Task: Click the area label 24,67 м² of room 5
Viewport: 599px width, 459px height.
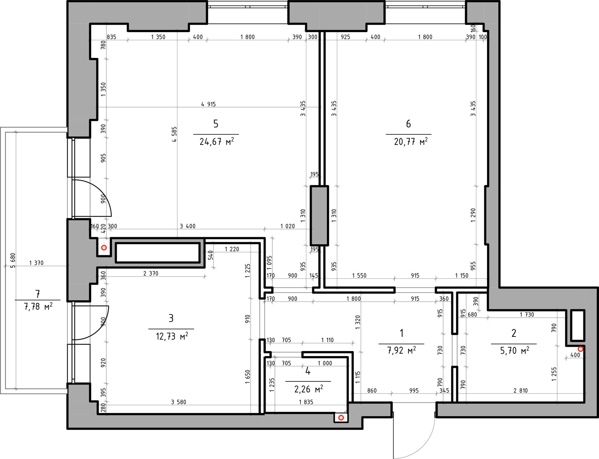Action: coord(217,142)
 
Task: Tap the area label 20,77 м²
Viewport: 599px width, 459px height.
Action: coord(411,142)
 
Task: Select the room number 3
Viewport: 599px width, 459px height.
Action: coord(171,318)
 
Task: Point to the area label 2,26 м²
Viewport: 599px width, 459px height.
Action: coord(309,389)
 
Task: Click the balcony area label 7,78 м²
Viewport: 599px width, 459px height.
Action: coord(38,306)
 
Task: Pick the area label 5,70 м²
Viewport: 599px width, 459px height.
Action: coord(514,351)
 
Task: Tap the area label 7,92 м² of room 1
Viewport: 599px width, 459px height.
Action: coord(401,350)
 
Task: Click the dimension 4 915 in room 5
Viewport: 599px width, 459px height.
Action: coord(209,104)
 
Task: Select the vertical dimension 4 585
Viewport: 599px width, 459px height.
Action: coord(174,135)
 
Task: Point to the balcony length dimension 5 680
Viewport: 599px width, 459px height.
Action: coord(13,261)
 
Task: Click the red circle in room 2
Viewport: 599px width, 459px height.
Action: coord(580,349)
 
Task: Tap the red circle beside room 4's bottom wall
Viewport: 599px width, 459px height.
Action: coord(341,417)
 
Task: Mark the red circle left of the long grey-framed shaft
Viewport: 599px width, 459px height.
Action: coord(104,247)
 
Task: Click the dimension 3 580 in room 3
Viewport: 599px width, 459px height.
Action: coord(179,402)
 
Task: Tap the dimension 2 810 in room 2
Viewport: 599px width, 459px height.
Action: coord(521,391)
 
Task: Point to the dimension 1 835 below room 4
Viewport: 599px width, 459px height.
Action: coord(306,402)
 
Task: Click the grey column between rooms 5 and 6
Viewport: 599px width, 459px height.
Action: coord(319,215)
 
